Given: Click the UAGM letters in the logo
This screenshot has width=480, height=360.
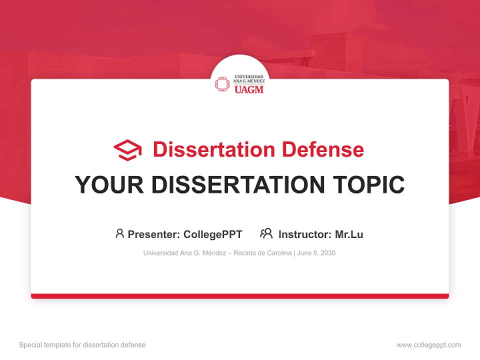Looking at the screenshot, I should click(248, 90).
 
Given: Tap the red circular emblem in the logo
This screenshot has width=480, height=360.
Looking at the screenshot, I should click(222, 84).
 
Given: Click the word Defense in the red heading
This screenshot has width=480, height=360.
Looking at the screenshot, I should click(322, 149).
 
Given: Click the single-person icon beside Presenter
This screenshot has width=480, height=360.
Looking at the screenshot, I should click(119, 233).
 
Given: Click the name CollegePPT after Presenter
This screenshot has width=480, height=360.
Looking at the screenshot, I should click(213, 234).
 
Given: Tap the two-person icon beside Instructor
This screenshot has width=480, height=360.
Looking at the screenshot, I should click(266, 233).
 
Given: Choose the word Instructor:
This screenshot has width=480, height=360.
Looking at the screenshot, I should click(304, 234).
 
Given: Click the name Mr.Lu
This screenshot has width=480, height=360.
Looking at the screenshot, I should click(349, 234).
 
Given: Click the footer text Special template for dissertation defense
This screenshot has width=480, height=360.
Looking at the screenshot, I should click(82, 345).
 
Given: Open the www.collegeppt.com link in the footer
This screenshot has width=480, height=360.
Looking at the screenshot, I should click(428, 345).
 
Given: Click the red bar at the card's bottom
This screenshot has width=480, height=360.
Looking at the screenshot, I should click(240, 296).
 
